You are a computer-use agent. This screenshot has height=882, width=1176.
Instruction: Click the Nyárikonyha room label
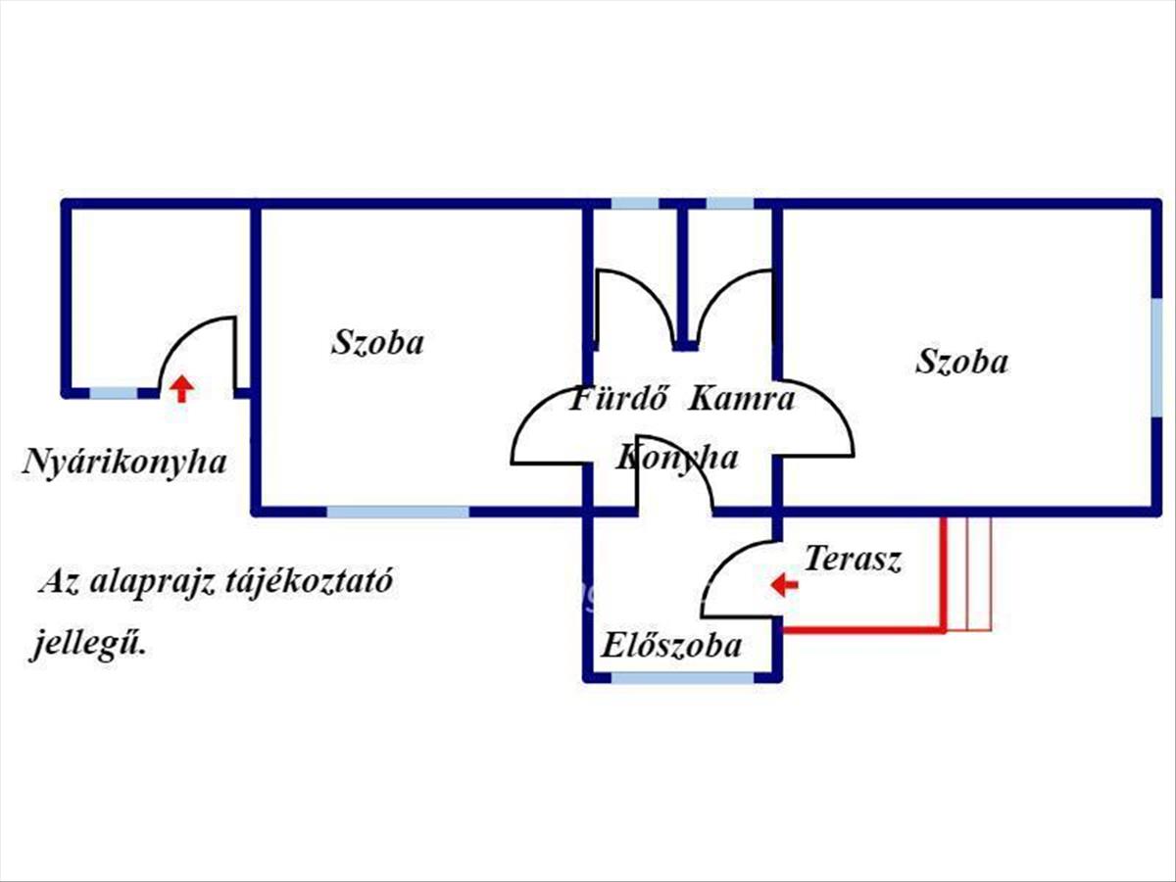pos(124,462)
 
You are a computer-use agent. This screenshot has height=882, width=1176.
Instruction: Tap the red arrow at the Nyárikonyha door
pos(180,388)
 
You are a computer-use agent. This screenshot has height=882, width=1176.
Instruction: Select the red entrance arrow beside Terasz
pos(784,585)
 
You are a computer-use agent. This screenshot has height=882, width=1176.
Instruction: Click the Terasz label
pos(853,560)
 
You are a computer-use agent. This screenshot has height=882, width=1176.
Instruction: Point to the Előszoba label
pos(670,646)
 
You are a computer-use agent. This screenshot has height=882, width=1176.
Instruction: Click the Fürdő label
pos(619,399)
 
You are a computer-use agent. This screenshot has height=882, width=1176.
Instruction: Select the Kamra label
pos(742,399)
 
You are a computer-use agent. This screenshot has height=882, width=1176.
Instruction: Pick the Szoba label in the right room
pos(961,362)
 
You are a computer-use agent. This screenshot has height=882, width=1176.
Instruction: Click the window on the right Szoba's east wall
pos(1156,358)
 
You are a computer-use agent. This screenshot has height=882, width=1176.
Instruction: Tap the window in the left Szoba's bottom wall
pos(398,511)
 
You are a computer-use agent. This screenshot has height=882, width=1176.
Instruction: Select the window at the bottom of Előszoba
pos(684,677)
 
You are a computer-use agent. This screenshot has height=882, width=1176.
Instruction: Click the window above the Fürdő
pos(635,204)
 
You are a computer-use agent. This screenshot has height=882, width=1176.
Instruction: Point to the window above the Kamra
pos(730,204)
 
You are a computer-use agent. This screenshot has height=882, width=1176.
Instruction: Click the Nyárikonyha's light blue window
pos(114,393)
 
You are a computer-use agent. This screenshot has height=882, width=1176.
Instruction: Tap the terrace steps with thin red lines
pos(968,573)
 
